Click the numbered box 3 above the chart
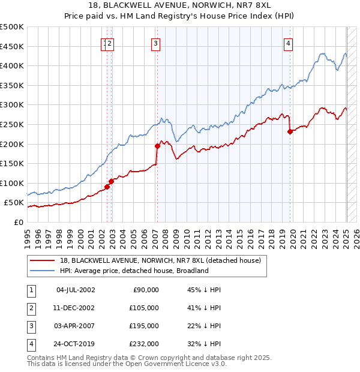(x=155, y=43)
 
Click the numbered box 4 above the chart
(x=289, y=43)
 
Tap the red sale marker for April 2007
(x=157, y=146)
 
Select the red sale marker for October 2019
(x=290, y=131)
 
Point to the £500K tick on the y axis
(x=12, y=27)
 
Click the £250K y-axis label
(x=12, y=124)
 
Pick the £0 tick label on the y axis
(x=18, y=222)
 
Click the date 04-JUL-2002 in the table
(x=75, y=290)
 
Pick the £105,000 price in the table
(x=144, y=308)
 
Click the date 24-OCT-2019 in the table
(x=75, y=344)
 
